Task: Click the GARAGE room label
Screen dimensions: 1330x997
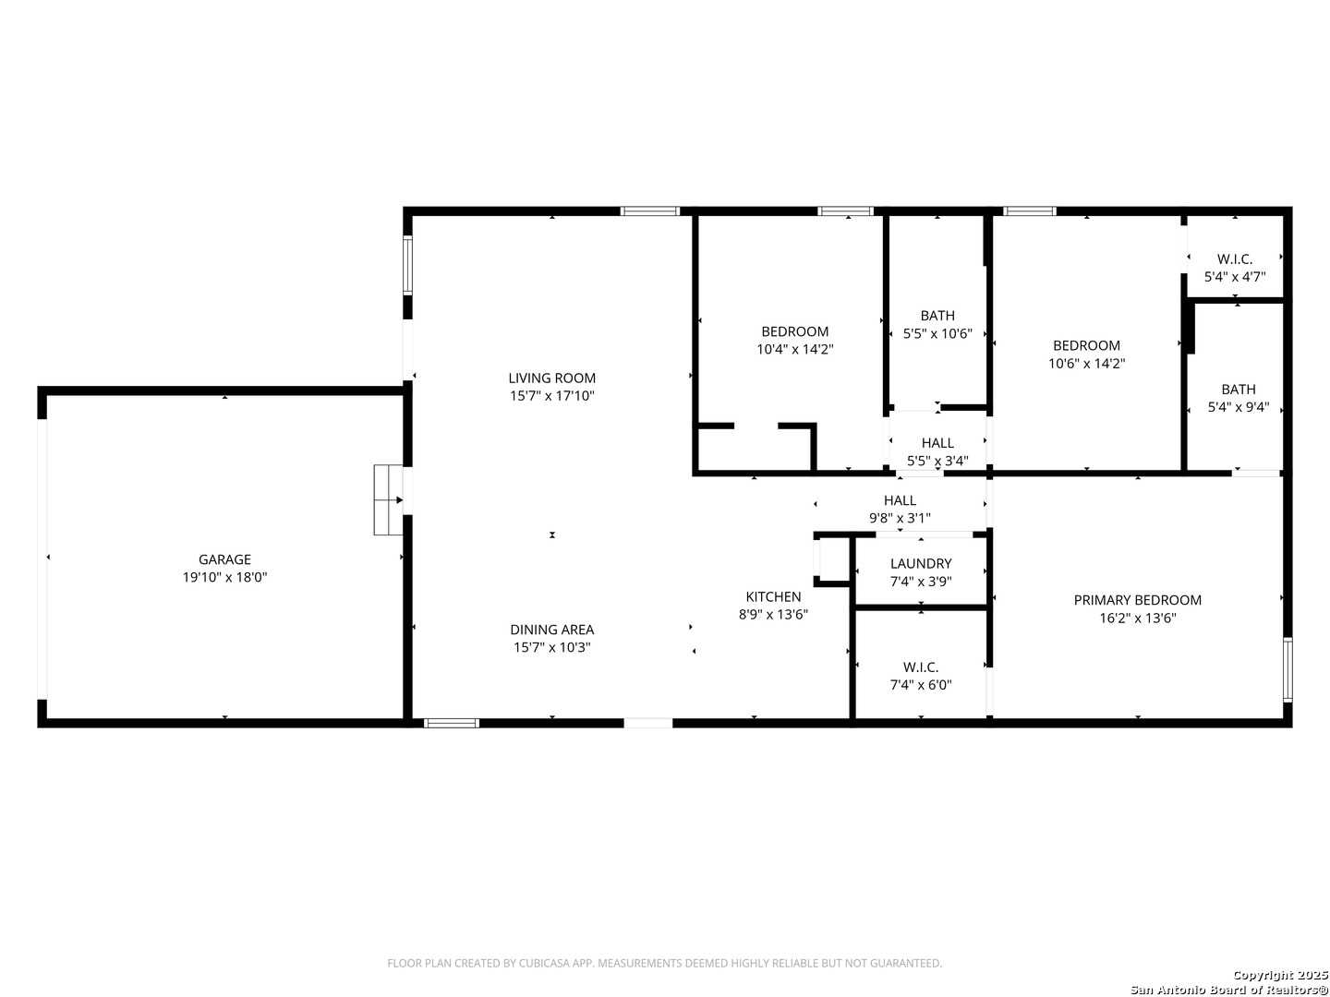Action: (x=224, y=559)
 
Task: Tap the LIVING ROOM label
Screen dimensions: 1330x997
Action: (x=551, y=378)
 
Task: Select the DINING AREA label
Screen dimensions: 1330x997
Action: (x=551, y=630)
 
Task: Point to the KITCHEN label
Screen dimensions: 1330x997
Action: (x=773, y=597)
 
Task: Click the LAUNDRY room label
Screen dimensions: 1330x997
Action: (x=921, y=563)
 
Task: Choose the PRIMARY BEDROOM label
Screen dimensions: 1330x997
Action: (x=1137, y=600)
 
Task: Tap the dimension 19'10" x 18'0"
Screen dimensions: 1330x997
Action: (x=224, y=578)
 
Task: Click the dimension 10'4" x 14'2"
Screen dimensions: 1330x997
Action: (x=794, y=349)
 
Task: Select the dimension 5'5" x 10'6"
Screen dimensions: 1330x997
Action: (x=937, y=333)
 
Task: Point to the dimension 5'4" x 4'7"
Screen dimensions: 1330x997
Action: (x=1234, y=277)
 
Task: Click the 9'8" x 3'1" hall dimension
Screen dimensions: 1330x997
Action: (x=900, y=518)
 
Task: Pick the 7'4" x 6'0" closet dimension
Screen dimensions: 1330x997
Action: (x=921, y=685)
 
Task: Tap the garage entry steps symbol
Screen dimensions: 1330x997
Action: (x=389, y=500)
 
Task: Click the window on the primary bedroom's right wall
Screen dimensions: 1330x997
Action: (x=1288, y=670)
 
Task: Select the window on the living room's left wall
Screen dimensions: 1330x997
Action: (x=408, y=265)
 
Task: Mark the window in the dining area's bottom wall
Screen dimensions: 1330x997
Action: (x=451, y=724)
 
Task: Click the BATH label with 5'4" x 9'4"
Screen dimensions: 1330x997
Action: (x=1238, y=390)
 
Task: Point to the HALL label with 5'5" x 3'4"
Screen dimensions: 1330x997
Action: (x=937, y=443)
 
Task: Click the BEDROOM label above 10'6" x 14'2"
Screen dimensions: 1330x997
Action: (x=1086, y=345)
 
